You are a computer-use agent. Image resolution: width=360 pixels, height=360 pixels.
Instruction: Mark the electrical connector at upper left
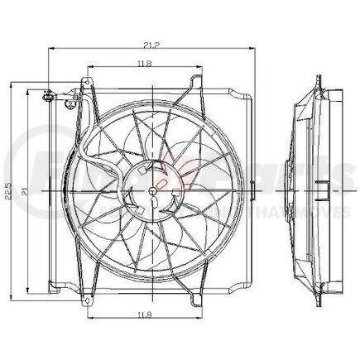tap(52, 98)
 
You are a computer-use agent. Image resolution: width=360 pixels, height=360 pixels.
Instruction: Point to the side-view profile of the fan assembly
tap(318, 190)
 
